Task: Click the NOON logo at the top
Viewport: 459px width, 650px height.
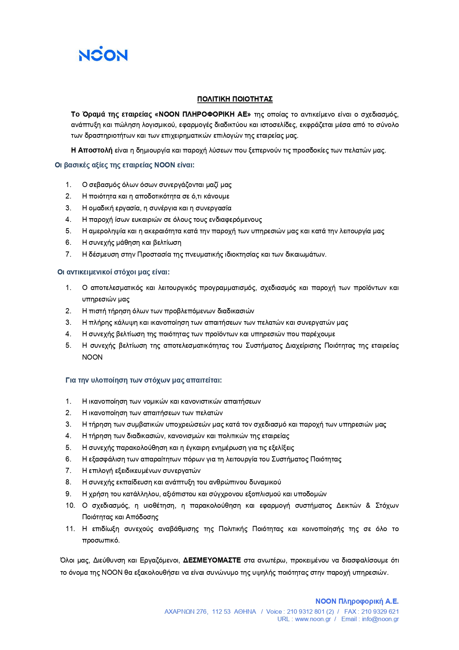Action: tap(103, 54)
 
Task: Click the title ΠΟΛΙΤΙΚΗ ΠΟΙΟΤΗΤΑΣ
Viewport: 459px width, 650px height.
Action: tap(235, 99)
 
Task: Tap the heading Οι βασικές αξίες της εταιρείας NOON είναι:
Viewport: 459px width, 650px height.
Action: tap(125, 165)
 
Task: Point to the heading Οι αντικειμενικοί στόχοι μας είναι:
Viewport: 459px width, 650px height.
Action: tap(114, 272)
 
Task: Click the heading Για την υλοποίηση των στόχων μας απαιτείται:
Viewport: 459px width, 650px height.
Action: tap(144, 380)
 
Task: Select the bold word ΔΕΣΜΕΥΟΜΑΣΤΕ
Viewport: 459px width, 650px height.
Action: tap(212, 560)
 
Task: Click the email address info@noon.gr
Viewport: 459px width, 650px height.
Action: tap(380, 619)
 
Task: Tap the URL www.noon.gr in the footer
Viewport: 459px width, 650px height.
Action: tap(313, 619)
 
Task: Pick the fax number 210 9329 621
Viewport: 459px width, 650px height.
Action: tap(380, 612)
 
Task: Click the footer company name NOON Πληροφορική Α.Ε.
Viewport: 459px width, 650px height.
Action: tap(357, 601)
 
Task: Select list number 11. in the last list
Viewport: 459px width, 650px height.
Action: tap(70, 529)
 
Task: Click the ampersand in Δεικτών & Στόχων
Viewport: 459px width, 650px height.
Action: tap(368, 506)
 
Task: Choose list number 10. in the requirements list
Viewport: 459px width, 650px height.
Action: tap(70, 506)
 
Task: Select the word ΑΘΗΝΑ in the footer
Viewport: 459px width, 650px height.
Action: tap(245, 612)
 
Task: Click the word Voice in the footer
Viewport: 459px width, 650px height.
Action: tap(274, 612)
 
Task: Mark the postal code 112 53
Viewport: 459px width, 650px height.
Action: tap(221, 612)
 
